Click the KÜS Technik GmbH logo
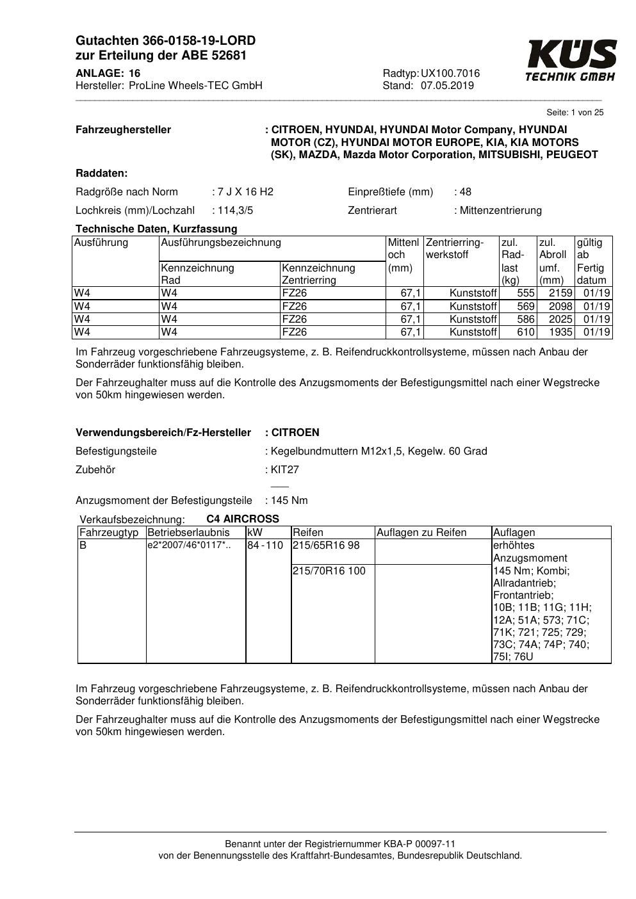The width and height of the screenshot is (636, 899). point(571,61)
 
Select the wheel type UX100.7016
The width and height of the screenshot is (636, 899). point(450,74)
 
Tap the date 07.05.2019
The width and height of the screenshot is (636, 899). point(447,86)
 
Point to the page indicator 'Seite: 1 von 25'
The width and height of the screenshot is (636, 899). point(575,113)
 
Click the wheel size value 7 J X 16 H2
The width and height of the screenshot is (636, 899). point(245,191)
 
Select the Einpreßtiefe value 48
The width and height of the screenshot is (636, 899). point(466,191)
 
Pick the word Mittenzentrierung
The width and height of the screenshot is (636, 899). point(501,210)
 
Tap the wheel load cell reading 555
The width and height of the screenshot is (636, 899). point(526,293)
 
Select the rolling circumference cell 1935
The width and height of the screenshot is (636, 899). point(560,332)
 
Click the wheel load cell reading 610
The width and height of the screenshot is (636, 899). point(526,332)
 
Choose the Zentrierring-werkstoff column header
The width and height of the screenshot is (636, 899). point(454,248)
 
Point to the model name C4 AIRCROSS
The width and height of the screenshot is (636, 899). point(243,519)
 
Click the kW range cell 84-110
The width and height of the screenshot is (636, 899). point(265,546)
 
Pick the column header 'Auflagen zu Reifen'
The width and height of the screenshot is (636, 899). point(421,533)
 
